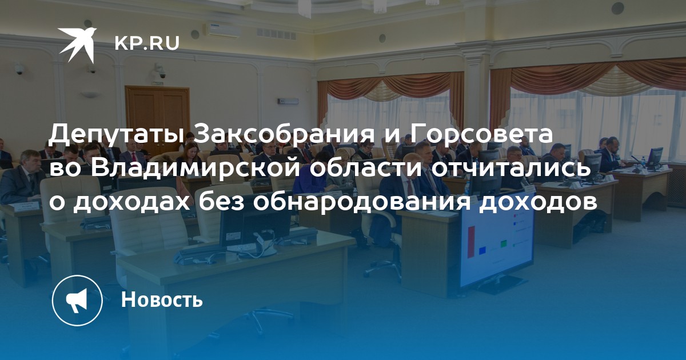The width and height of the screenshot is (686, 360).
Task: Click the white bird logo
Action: (x=77, y=45)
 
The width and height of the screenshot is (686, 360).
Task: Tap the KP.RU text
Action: (x=147, y=43)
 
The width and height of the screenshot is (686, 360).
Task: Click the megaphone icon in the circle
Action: (x=77, y=301)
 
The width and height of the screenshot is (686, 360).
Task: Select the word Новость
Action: (x=162, y=299)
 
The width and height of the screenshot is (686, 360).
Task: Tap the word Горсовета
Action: (x=481, y=134)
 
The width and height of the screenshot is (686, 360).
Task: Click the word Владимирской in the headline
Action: (x=195, y=169)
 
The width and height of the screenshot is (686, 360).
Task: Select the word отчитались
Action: (x=510, y=169)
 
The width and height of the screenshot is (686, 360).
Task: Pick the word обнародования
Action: (x=361, y=202)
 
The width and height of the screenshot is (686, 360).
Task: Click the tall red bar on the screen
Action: (x=471, y=242)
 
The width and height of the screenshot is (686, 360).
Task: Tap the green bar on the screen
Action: (x=504, y=245)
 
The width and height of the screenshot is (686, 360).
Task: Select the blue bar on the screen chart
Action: (x=482, y=250)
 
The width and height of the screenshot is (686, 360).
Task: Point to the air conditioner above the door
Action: (x=224, y=30)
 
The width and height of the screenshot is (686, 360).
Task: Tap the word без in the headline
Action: (x=221, y=202)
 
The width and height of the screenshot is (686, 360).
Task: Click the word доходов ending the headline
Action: (x=538, y=203)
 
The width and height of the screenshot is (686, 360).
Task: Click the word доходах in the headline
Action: (x=131, y=203)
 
